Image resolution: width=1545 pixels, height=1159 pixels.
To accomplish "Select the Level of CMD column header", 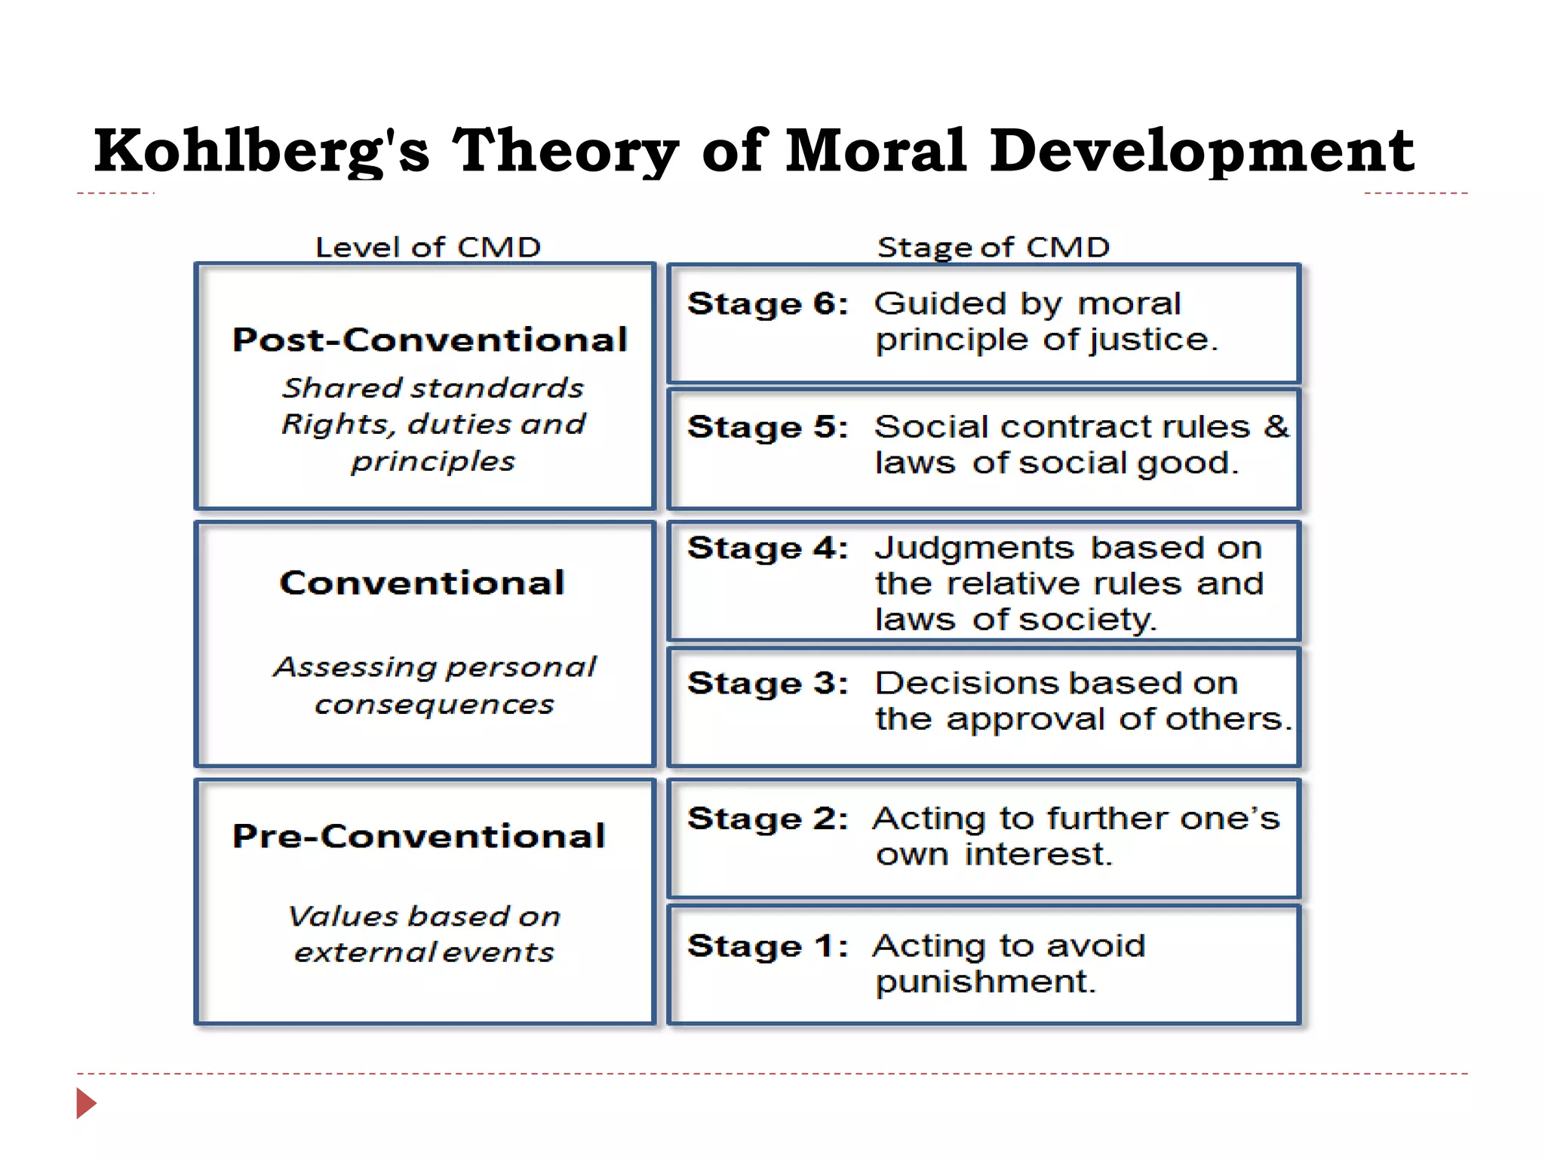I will [x=428, y=247].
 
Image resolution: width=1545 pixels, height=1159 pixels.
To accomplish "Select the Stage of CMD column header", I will [x=994, y=247].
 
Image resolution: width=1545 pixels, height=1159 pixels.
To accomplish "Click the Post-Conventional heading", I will [x=430, y=340].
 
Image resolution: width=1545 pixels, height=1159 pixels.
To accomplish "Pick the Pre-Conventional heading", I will [x=419, y=836].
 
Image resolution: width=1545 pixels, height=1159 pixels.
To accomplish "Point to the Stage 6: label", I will [x=768, y=304].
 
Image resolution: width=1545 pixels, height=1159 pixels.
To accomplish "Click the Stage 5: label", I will [x=768, y=427].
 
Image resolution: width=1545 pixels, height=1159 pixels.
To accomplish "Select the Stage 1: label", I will [x=768, y=946].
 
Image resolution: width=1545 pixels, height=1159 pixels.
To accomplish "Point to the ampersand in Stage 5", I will [x=1276, y=426].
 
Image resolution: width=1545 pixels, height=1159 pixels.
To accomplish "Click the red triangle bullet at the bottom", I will [x=86, y=1103].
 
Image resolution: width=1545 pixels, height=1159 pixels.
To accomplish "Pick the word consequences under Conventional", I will [x=435, y=705].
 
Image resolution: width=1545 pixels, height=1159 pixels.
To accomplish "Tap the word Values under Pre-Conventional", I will [x=344, y=916].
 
